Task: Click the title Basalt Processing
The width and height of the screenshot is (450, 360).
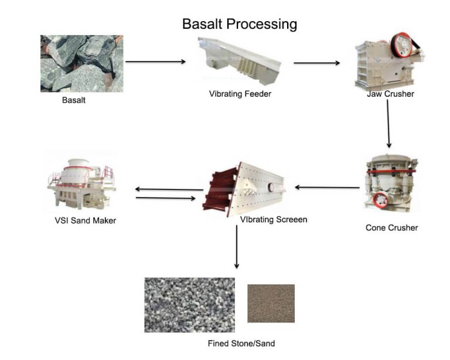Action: (240, 24)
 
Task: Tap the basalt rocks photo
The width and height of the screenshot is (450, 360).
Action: (81, 63)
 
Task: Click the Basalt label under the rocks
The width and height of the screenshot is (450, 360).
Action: (74, 100)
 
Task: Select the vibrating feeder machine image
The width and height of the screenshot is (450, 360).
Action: (240, 62)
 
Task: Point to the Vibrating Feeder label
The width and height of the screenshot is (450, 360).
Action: (240, 94)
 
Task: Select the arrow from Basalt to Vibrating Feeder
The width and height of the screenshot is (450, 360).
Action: (155, 62)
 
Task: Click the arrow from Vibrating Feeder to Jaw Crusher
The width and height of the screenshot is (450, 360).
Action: (316, 63)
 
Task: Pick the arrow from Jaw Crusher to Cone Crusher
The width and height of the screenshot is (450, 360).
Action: (388, 123)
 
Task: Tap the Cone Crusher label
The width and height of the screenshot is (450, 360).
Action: (391, 227)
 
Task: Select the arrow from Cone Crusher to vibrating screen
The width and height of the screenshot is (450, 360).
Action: (327, 188)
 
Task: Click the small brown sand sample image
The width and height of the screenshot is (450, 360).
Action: (271, 303)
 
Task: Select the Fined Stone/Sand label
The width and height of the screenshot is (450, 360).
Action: (241, 343)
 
